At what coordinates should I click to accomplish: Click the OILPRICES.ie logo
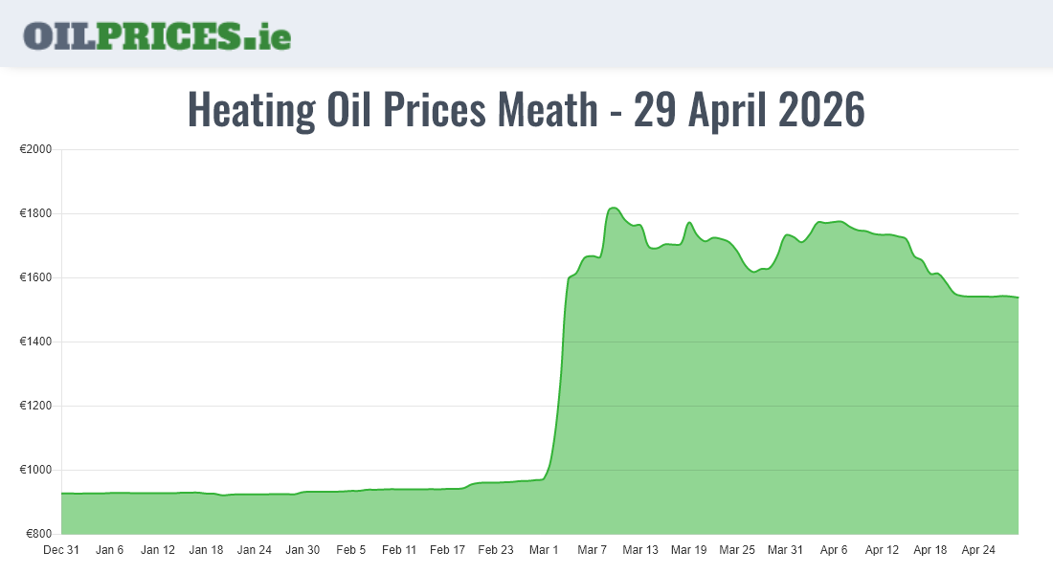(x=157, y=34)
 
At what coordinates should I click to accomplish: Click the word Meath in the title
(x=547, y=110)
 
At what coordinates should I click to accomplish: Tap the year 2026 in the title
(x=820, y=110)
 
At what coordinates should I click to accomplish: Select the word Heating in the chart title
(x=251, y=110)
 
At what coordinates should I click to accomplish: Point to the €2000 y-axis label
(x=35, y=150)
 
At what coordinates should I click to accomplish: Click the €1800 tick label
(x=35, y=214)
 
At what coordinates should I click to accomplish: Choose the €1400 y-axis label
(x=35, y=342)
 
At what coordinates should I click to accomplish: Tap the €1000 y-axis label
(x=35, y=471)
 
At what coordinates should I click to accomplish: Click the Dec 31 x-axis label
(x=61, y=550)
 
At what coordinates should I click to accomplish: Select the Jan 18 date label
(x=206, y=550)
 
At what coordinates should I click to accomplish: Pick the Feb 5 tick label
(x=350, y=550)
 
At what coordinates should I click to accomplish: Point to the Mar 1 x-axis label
(x=544, y=550)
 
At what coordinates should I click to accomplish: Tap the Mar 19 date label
(x=688, y=550)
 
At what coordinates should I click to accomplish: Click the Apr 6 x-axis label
(x=834, y=550)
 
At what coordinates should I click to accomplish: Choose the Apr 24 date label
(x=977, y=550)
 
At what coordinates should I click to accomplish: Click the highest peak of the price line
(x=614, y=208)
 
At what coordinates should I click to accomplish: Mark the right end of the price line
(x=1018, y=298)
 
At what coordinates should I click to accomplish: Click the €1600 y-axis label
(x=35, y=278)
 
